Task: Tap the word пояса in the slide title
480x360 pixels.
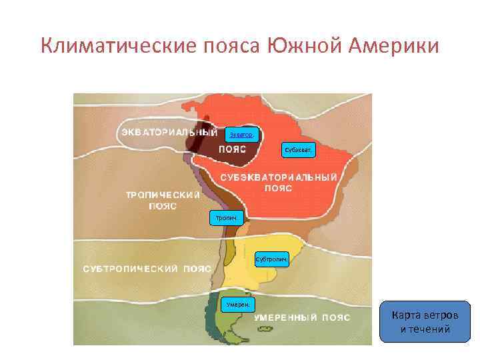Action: (x=231, y=47)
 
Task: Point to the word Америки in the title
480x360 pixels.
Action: (x=393, y=47)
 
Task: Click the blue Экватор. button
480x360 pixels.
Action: (x=241, y=135)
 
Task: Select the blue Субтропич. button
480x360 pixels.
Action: (x=272, y=257)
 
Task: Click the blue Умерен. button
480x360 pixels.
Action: (x=237, y=304)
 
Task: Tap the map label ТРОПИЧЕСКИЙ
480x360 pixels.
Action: (x=163, y=195)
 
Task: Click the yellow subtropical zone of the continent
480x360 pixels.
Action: (x=260, y=273)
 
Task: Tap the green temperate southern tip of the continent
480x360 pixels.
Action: (x=220, y=327)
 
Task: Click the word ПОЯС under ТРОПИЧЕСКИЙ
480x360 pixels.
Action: (x=162, y=206)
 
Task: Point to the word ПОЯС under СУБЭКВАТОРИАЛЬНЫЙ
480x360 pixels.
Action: (x=278, y=188)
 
